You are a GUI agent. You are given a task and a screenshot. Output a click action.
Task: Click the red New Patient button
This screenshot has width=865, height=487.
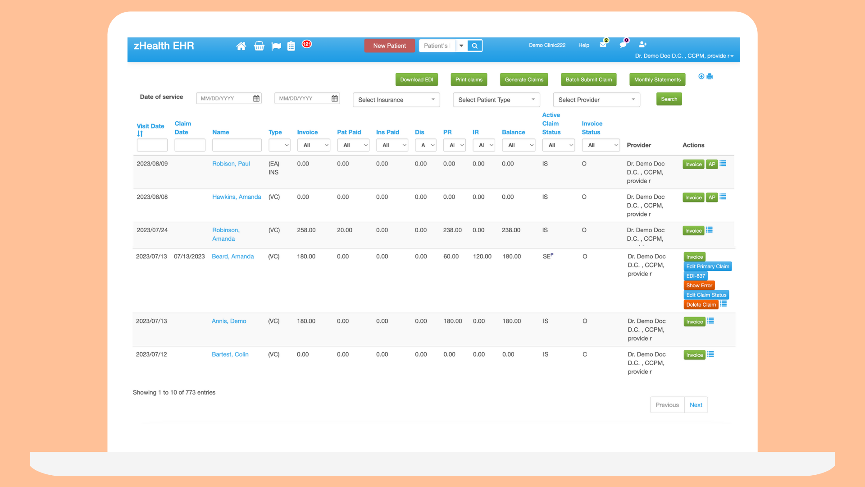point(389,46)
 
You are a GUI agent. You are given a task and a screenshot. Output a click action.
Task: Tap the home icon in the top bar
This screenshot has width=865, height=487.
point(241,46)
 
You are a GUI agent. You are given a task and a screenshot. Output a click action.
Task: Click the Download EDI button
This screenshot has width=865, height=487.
point(416,80)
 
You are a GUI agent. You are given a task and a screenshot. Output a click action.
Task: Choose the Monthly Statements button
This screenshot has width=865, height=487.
point(657,80)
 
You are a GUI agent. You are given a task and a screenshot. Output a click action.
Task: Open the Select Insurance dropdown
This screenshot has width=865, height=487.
point(396,100)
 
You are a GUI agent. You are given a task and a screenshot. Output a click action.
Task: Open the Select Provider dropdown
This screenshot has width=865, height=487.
point(596,100)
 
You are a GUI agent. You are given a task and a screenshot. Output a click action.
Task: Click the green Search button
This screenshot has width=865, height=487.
point(669,99)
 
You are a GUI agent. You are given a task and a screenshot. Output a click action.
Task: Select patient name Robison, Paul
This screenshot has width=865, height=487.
point(231,164)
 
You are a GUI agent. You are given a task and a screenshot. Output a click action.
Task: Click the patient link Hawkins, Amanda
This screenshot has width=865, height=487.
point(237,197)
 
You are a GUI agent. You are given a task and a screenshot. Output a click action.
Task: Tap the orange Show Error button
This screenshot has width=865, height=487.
point(699,285)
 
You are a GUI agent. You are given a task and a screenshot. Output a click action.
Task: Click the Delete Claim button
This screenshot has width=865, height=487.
point(701,305)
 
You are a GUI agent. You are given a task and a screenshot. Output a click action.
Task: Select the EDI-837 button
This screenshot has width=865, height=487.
point(695,276)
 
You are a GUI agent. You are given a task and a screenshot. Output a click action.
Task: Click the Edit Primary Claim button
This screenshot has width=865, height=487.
point(707,266)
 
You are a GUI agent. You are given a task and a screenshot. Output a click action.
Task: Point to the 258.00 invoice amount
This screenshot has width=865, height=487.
point(306,230)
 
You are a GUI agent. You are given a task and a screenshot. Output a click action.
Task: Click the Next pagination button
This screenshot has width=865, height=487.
point(696,405)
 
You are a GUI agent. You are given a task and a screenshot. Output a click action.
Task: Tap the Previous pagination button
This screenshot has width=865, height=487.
point(667,405)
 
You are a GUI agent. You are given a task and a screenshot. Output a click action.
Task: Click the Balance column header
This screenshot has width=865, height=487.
point(513,132)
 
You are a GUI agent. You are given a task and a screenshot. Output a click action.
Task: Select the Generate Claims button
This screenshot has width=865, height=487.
point(524,80)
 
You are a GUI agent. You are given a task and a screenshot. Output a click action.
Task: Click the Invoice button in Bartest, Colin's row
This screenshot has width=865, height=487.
point(694,355)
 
